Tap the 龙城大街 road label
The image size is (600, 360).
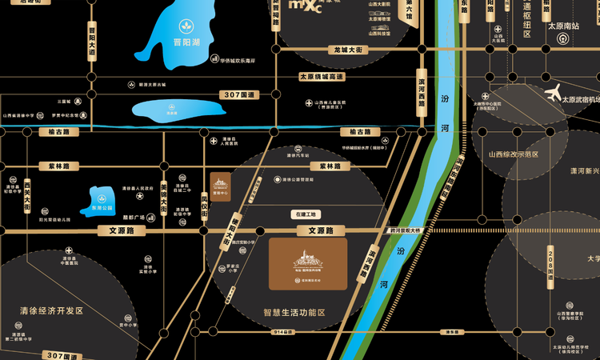point(348,50)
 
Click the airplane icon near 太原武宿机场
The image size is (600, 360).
point(553,94)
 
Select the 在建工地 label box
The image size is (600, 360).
point(306,214)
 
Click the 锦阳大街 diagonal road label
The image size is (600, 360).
point(226,227)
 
